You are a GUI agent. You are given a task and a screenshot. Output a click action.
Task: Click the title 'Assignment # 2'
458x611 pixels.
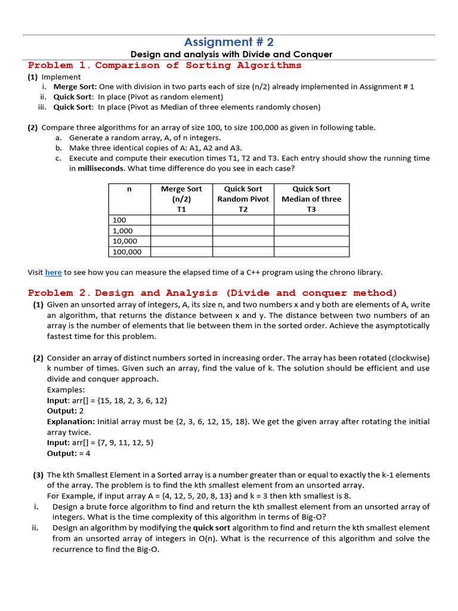pos(229,42)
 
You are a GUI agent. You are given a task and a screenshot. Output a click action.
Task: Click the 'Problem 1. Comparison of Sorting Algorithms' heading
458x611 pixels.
pos(165,65)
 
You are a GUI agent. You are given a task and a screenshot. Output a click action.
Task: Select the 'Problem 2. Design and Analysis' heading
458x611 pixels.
pos(212,292)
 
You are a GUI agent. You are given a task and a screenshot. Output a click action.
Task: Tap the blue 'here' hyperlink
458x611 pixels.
pos(53,272)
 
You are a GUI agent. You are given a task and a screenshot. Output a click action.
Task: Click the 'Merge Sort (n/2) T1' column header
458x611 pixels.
pos(181,199)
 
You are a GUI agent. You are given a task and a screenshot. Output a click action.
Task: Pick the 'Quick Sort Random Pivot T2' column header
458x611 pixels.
pos(243,199)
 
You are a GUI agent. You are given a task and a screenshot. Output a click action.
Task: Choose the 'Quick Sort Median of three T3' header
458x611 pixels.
pos(311,199)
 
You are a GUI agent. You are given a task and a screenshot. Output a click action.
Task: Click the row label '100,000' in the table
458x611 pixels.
pos(127,252)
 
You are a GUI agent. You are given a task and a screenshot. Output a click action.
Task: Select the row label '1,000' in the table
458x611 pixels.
pos(123,230)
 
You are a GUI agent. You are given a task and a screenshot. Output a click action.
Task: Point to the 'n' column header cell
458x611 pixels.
pos(129,199)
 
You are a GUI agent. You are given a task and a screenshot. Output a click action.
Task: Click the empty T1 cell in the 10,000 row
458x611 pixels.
pos(181,241)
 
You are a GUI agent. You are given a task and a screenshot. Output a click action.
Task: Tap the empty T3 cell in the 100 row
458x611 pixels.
pos(311,220)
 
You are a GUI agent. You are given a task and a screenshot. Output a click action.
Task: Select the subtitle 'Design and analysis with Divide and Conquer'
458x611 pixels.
pos(231,54)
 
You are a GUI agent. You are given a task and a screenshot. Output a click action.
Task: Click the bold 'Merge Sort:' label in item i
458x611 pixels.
pos(75,87)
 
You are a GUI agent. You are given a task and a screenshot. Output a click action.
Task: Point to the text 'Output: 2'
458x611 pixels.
pos(66,411)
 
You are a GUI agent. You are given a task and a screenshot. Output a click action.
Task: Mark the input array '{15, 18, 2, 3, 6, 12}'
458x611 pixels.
pos(128,400)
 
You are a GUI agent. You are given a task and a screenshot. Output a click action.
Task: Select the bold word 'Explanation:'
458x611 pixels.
pos(70,421)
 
